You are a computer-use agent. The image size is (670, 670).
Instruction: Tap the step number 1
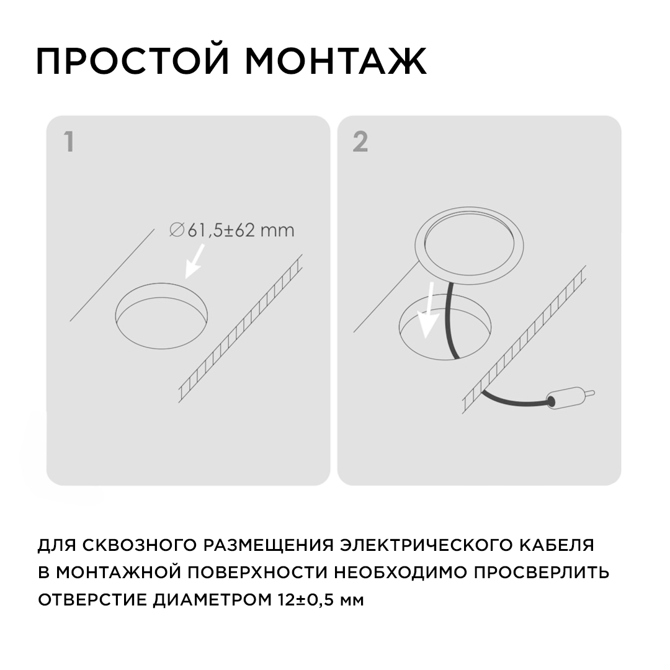click(69, 142)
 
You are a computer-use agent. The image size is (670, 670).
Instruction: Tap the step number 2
click(360, 142)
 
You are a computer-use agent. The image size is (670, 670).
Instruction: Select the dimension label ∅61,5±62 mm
click(231, 231)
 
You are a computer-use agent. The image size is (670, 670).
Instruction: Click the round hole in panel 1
click(162, 316)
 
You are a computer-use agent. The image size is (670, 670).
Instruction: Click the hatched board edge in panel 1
click(239, 329)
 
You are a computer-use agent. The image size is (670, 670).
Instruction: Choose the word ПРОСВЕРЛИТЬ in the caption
click(542, 573)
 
